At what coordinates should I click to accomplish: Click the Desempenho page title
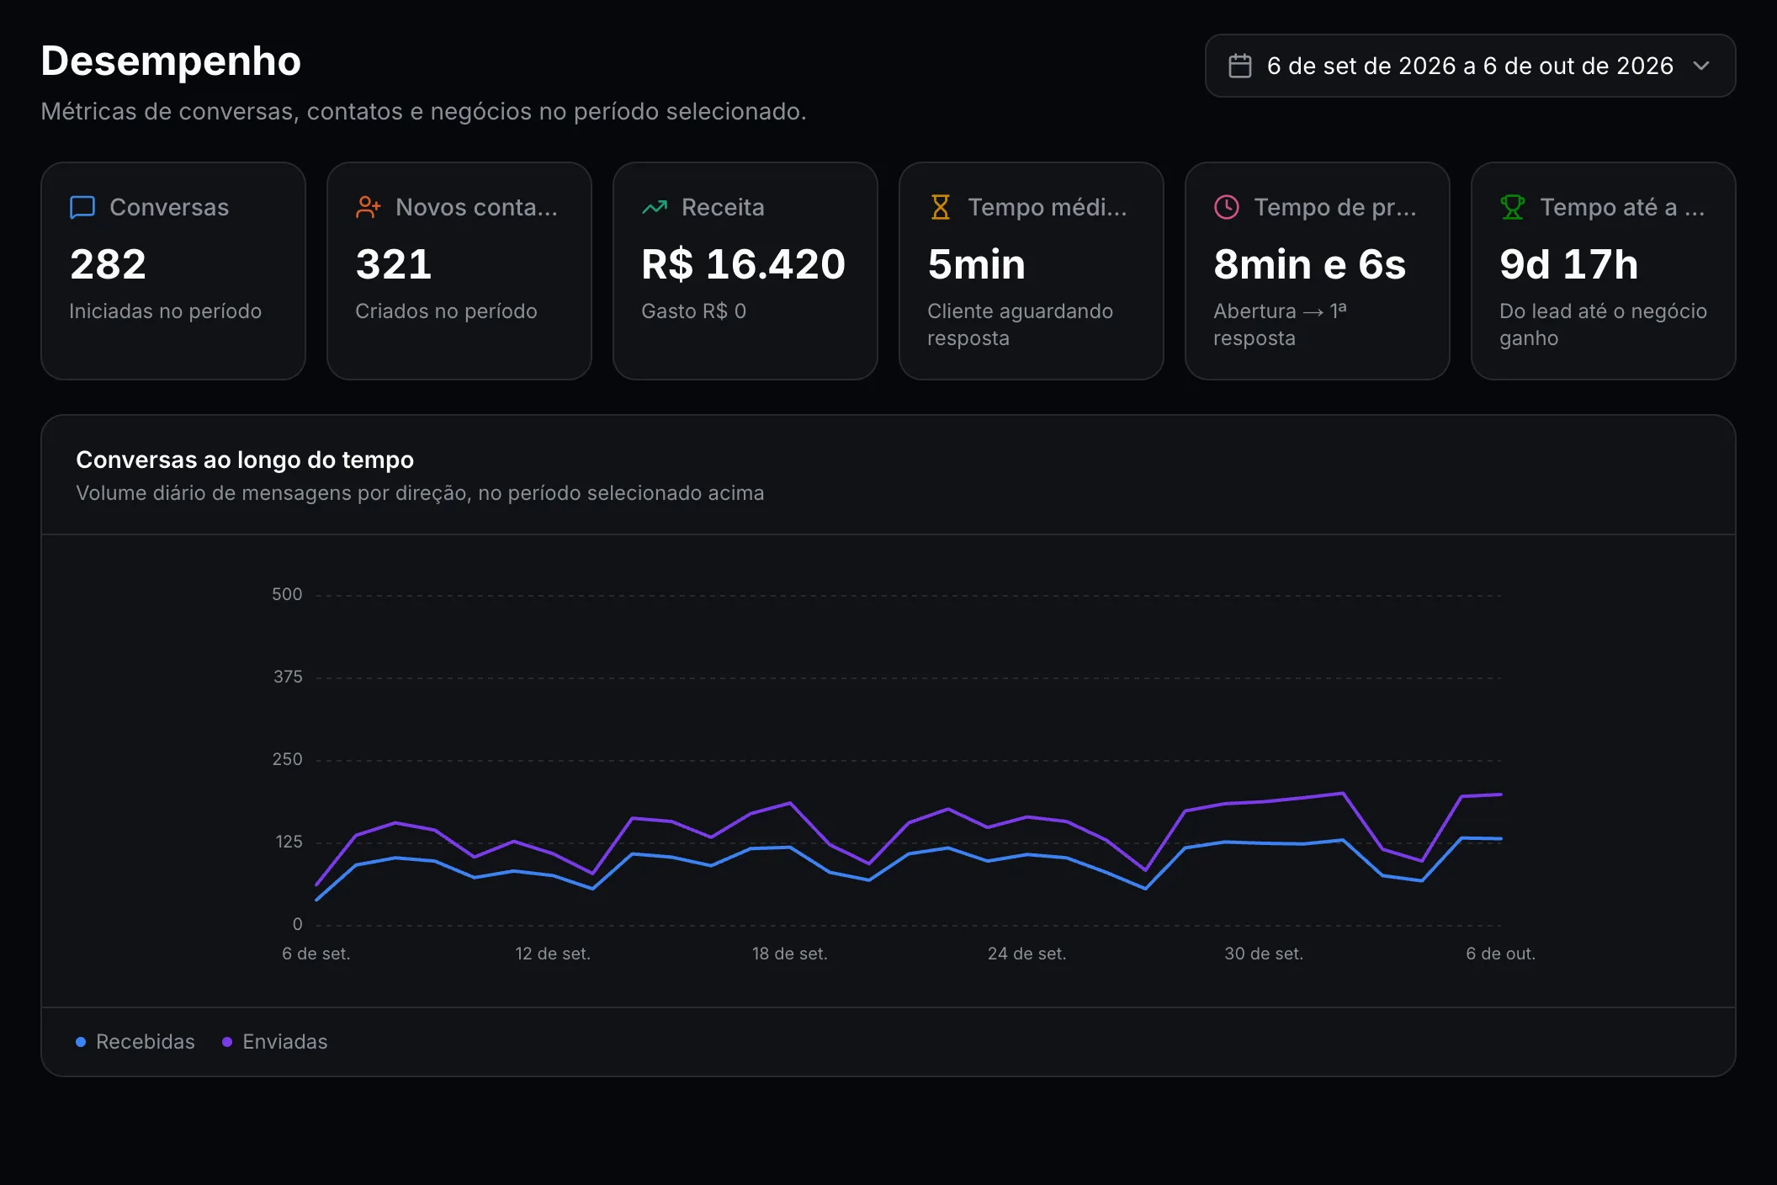pyautogui.click(x=171, y=61)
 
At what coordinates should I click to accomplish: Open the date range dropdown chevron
pyautogui.click(x=1701, y=66)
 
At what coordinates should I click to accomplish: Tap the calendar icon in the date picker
pyautogui.click(x=1240, y=66)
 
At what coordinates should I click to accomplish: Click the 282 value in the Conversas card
pyautogui.click(x=109, y=264)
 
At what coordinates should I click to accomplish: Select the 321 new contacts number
pyautogui.click(x=394, y=264)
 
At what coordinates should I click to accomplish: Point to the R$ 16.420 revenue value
pyautogui.click(x=743, y=264)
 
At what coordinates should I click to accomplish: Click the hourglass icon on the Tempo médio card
pyautogui.click(x=941, y=207)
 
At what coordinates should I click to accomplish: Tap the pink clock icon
pyautogui.click(x=1227, y=207)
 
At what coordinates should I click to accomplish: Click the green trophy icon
pyautogui.click(x=1513, y=207)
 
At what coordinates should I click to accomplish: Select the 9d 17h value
pyautogui.click(x=1569, y=264)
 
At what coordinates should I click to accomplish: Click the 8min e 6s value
pyautogui.click(x=1310, y=264)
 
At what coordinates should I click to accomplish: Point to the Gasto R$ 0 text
pyautogui.click(x=693, y=311)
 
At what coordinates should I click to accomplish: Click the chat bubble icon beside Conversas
pyautogui.click(x=82, y=207)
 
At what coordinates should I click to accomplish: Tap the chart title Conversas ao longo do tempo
pyautogui.click(x=245, y=460)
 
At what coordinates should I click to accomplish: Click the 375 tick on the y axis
pyautogui.click(x=288, y=677)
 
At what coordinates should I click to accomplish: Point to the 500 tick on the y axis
pyautogui.click(x=287, y=594)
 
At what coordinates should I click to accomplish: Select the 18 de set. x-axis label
pyautogui.click(x=789, y=954)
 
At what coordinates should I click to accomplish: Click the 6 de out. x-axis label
pyautogui.click(x=1501, y=954)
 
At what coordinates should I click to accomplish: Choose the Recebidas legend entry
pyautogui.click(x=135, y=1042)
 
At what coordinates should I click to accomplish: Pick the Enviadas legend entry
pyautogui.click(x=275, y=1042)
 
